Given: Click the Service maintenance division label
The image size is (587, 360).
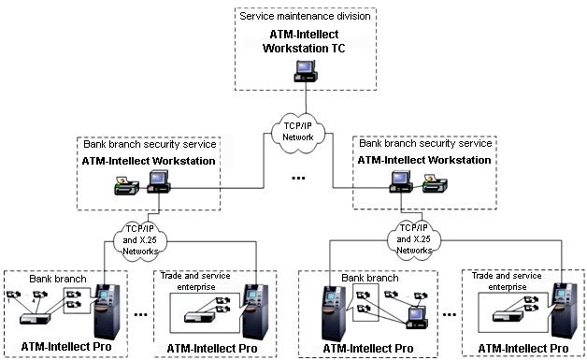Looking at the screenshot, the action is click(305, 16).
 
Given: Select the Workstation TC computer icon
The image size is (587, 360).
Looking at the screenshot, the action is click(306, 71).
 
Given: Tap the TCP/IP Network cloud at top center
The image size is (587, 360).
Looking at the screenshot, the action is click(298, 132).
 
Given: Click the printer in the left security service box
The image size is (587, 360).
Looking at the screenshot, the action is click(126, 185).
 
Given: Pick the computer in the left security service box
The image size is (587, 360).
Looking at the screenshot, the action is click(159, 181).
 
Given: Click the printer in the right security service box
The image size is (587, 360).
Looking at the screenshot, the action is click(435, 183).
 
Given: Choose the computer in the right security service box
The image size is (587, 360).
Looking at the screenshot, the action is click(401, 181).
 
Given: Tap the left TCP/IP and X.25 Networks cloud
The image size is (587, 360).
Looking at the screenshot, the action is click(140, 239).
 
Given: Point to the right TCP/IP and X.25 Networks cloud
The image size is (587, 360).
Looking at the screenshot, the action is click(414, 238).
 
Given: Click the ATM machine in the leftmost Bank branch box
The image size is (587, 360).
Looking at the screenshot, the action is click(107, 311).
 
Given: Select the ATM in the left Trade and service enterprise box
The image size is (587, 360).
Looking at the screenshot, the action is click(256, 311).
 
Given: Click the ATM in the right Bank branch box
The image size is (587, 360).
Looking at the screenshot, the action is click(335, 313).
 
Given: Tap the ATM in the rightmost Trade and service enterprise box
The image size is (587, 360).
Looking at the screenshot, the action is click(565, 310).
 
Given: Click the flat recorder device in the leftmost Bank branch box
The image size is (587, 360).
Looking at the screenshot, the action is click(35, 319).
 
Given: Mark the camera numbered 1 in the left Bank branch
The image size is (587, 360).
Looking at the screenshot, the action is click(13, 295).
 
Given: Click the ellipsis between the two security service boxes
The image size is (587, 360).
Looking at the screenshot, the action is click(298, 178).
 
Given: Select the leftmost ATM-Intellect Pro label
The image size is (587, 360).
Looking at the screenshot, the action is click(66, 347).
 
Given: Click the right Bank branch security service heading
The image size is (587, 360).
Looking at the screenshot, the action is click(425, 143).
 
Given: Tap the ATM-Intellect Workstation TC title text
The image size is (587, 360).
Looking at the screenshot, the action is click(304, 41).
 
